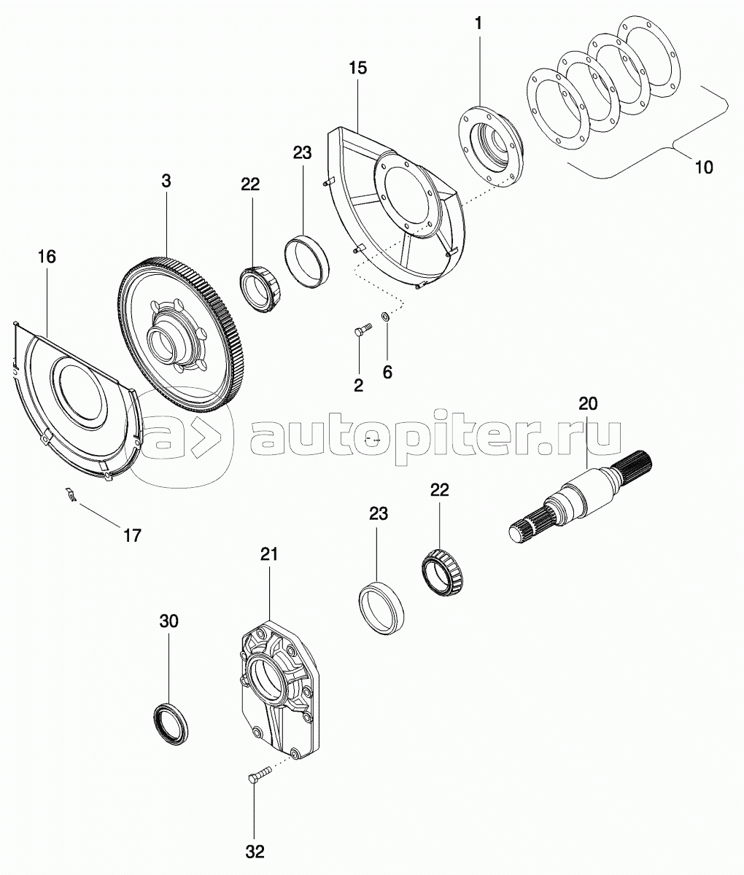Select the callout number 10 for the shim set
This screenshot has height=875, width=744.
[703, 166]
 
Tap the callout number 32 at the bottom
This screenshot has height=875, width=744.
[255, 851]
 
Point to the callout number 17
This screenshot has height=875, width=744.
[131, 535]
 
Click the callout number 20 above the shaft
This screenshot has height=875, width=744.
[587, 403]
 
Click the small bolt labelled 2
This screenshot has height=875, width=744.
[360, 333]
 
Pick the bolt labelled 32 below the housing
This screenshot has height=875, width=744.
[258, 775]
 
